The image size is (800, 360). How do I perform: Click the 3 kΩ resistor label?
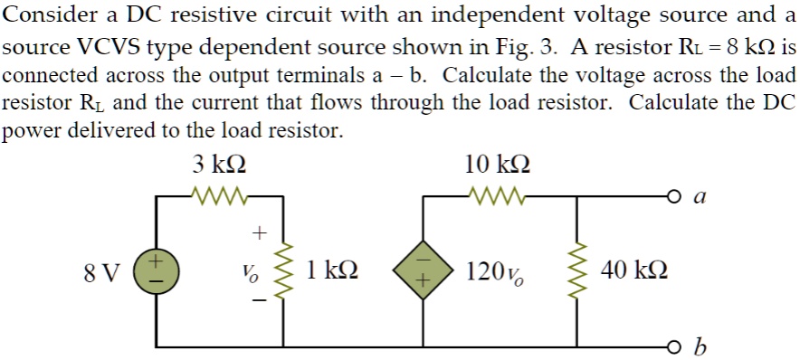[219, 165]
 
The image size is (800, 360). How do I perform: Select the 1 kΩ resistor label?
[331, 270]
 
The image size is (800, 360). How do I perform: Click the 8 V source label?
[101, 270]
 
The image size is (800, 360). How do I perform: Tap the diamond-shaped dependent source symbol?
[423, 270]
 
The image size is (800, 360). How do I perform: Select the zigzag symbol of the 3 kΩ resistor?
[219, 193]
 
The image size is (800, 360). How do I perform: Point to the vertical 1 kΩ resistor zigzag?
[287, 270]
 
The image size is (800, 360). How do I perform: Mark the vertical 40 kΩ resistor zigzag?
[580, 270]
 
